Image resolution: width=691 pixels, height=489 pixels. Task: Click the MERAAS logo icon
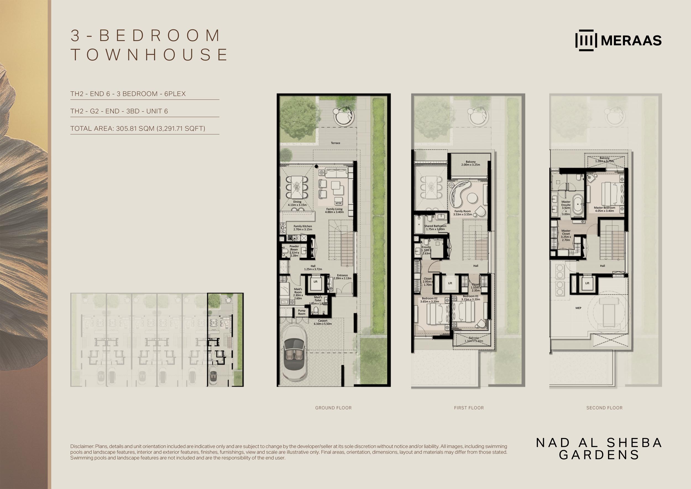(x=586, y=40)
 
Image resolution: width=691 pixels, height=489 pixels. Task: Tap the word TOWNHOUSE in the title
(x=149, y=54)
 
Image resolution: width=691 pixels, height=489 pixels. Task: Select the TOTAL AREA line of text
(x=138, y=129)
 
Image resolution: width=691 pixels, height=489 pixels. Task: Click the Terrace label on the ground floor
(x=335, y=143)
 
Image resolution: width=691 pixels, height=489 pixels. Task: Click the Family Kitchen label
(x=303, y=228)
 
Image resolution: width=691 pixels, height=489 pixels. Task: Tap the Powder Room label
(x=294, y=251)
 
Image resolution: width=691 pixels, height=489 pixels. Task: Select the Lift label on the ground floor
(x=315, y=282)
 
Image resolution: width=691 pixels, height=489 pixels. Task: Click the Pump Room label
(x=302, y=312)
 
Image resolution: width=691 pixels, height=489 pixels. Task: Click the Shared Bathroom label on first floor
(x=435, y=228)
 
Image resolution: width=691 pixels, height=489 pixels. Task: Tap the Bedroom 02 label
(x=430, y=300)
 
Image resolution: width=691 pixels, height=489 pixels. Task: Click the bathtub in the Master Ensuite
(x=577, y=204)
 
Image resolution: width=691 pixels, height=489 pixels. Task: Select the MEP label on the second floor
(x=578, y=308)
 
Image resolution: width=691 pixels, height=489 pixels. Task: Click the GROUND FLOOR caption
(x=333, y=408)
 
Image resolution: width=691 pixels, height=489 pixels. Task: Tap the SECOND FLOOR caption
(x=604, y=408)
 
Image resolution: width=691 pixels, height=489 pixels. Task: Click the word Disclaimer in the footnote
(x=82, y=446)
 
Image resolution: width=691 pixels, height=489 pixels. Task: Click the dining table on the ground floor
(x=297, y=187)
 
